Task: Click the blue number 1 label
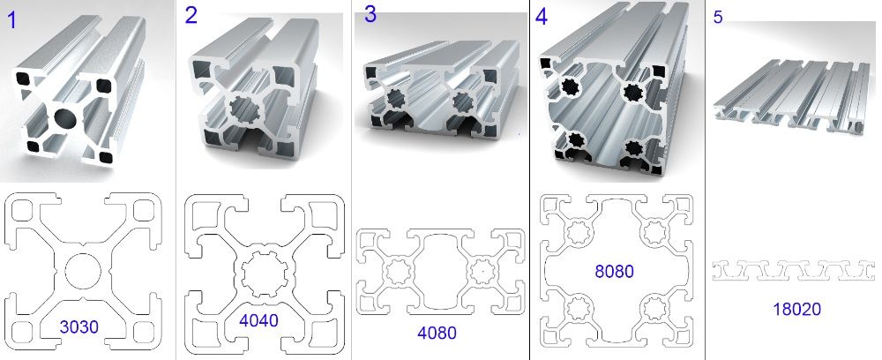(11, 21)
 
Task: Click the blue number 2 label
(191, 16)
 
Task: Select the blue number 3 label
(370, 15)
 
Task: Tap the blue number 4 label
(542, 18)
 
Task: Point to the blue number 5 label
(718, 18)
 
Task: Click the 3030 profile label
(78, 326)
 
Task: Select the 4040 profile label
(258, 320)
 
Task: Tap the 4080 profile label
(437, 333)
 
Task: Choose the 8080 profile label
(614, 272)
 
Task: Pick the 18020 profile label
(797, 309)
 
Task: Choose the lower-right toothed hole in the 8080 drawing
(655, 308)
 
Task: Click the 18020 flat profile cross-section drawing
(794, 270)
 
